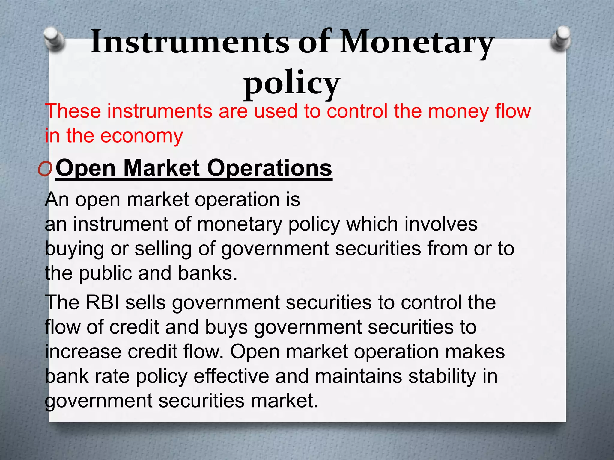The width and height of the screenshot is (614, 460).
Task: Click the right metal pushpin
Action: (561, 38)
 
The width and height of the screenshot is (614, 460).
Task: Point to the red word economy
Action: (141, 136)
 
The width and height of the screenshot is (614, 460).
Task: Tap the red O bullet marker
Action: (45, 170)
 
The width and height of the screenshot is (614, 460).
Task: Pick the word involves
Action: (441, 224)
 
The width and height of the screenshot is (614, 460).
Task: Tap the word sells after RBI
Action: (145, 302)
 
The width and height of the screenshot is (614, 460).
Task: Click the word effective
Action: (231, 376)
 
